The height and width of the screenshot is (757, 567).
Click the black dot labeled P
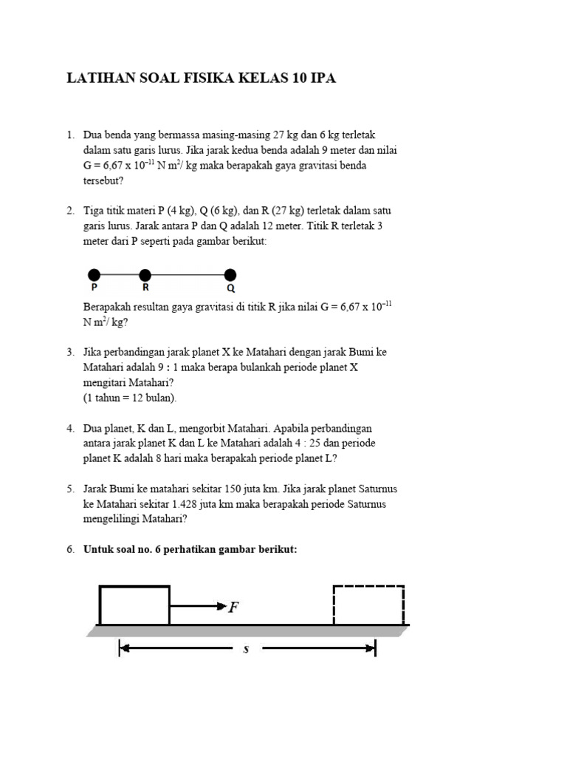coord(94,276)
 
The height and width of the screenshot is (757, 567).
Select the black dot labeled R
coord(145,276)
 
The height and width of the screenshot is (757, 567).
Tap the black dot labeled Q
coord(230,276)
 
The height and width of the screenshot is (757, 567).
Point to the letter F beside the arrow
coord(233,608)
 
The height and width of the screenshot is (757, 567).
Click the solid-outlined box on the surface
coord(134,605)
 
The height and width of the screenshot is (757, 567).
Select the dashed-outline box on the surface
coord(368,605)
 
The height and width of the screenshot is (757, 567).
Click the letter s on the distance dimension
coord(246,649)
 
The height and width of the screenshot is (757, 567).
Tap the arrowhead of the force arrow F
coord(221,606)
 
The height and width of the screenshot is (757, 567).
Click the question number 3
coord(70,353)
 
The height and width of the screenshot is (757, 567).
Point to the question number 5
coord(70,489)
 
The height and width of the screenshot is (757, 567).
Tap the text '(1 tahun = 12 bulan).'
coord(130,398)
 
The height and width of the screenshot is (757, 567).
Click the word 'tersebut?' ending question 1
coord(104,180)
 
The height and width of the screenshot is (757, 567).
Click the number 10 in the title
coord(292,78)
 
